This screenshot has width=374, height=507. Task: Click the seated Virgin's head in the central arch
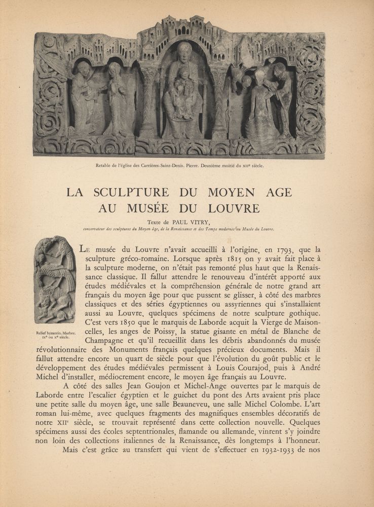coord(185,51)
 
